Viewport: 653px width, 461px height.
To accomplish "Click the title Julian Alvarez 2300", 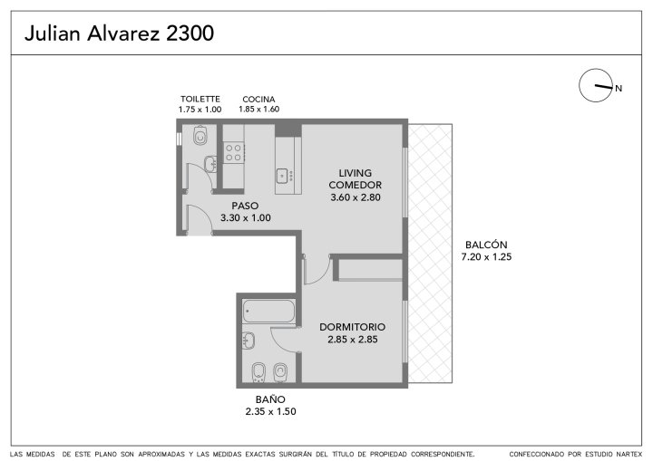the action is click(119, 34).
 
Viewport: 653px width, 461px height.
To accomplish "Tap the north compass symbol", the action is click(596, 85).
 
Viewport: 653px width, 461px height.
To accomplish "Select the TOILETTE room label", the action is click(200, 99).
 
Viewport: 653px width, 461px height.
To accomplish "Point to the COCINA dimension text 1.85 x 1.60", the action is click(258, 109).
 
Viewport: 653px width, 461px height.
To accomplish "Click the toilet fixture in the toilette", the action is click(200, 135).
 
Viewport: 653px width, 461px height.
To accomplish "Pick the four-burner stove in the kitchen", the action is click(233, 153).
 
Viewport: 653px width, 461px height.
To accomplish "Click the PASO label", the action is click(245, 206).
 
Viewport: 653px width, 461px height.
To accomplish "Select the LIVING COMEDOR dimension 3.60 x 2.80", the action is click(356, 197).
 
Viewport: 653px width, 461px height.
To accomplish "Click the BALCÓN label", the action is click(486, 245).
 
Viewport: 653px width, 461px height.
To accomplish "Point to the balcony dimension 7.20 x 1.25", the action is click(486, 256).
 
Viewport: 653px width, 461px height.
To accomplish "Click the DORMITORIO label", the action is click(352, 327).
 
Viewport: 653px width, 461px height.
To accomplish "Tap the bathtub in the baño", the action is click(268, 312).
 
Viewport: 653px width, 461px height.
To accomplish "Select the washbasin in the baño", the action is click(249, 341).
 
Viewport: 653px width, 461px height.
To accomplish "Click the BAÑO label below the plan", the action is click(270, 399).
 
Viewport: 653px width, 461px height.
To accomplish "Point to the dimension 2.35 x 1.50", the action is click(270, 411).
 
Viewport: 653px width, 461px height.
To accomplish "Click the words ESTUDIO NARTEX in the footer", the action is click(614, 454).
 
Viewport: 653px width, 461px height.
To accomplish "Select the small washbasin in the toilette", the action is click(210, 164).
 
